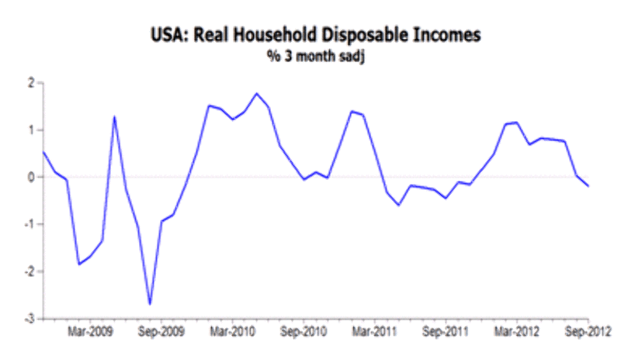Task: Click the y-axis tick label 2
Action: (30, 83)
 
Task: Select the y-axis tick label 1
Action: (30, 130)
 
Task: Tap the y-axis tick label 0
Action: (30, 178)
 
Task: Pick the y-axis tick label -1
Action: (29, 225)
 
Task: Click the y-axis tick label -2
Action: (29, 272)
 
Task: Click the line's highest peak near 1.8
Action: (256, 94)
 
